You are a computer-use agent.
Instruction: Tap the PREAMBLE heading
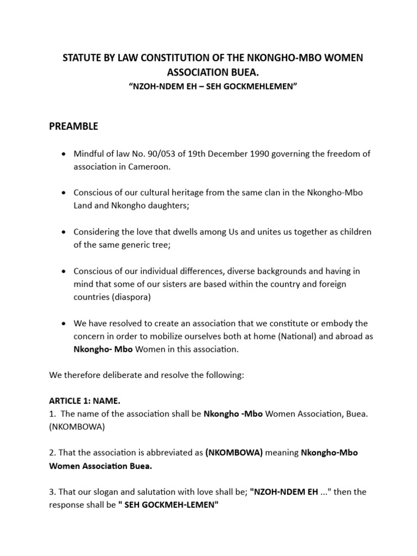pos(74,127)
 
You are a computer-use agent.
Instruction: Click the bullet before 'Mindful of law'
pos(64,154)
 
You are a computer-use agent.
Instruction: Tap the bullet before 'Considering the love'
pos(64,232)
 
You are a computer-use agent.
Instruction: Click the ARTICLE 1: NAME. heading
pos(84,401)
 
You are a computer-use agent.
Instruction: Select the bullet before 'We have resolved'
pos(64,324)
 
